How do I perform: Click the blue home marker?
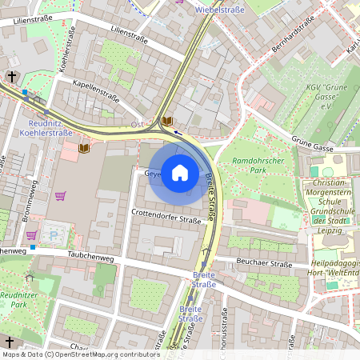tap(180, 173)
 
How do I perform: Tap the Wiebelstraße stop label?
tap(220, 10)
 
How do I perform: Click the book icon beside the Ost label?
tap(166, 122)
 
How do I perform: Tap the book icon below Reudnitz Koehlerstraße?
tap(84, 148)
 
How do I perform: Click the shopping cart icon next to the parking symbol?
tap(32, 234)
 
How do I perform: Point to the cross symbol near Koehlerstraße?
tap(11, 77)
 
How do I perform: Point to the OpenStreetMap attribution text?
tap(81, 354)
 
